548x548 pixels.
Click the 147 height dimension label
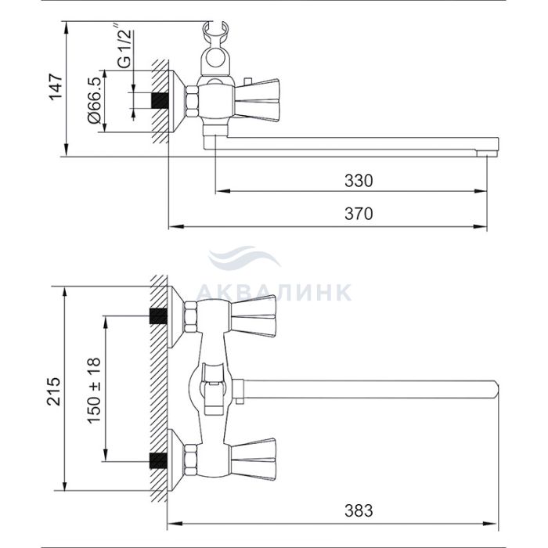[x=56, y=87]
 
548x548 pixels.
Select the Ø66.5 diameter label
[x=95, y=101]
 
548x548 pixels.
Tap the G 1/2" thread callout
[x=124, y=45]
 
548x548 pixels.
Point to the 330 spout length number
[x=359, y=181]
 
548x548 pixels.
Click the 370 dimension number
[x=359, y=214]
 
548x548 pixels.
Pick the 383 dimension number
[x=359, y=510]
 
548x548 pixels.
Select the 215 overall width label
[x=54, y=391]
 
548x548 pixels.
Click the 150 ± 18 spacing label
[x=94, y=391]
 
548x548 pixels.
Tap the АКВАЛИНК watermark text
[x=275, y=293]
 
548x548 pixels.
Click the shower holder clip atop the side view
[x=215, y=49]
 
